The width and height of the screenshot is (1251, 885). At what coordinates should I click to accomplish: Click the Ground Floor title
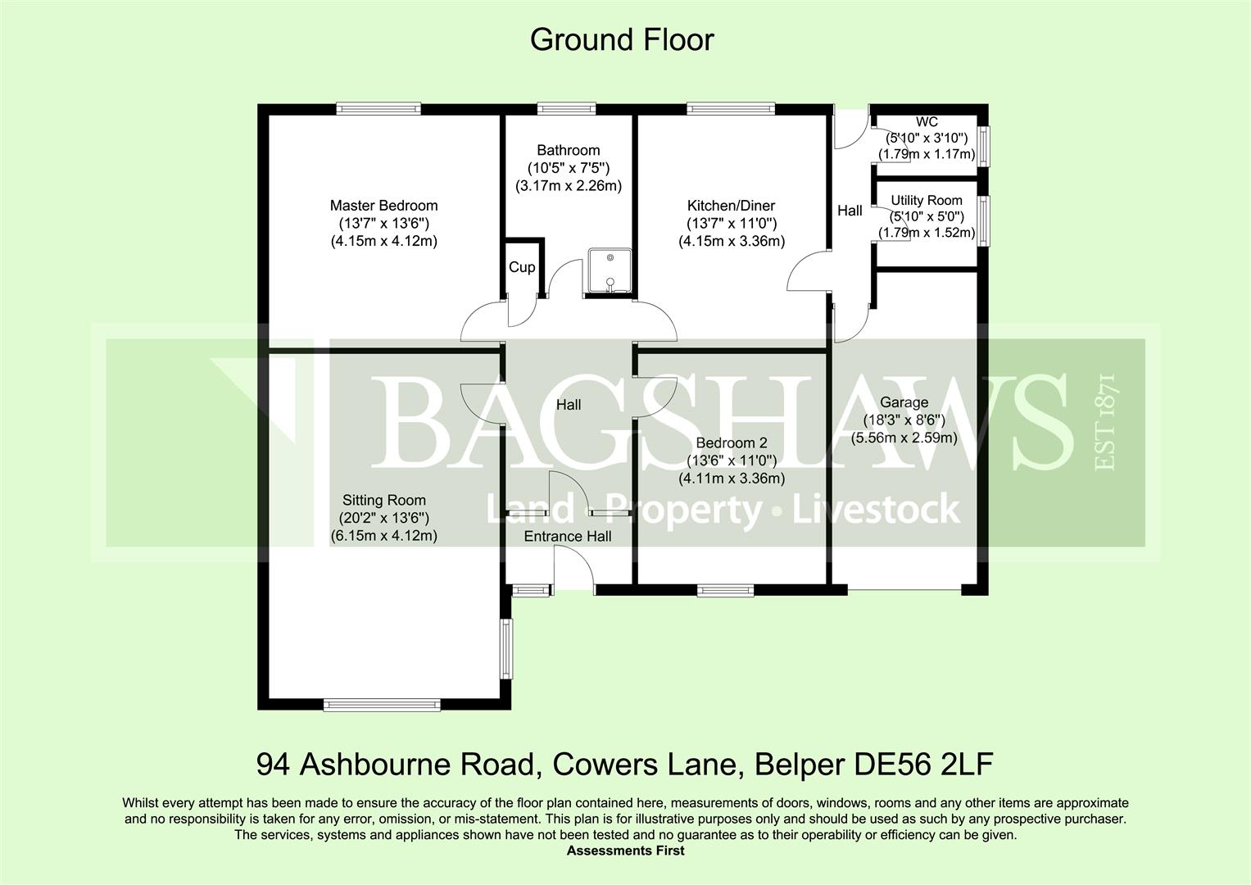[622, 40]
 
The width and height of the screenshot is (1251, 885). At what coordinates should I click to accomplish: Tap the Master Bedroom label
[383, 206]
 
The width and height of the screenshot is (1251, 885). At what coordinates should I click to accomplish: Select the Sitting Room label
[383, 500]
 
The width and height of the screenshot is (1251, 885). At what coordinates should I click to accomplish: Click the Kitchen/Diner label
[731, 206]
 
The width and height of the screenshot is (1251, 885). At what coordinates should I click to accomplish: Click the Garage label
[904, 402]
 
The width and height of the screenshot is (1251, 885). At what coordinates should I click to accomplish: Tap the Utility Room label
[927, 201]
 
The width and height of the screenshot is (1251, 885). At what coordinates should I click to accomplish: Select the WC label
[927, 122]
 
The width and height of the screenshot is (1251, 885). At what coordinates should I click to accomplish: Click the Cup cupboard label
[522, 267]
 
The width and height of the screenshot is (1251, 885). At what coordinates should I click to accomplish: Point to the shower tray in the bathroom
[608, 270]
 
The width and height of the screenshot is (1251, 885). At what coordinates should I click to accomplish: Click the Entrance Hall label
[568, 537]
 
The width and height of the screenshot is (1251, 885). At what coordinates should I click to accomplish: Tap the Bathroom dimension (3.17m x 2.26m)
[568, 186]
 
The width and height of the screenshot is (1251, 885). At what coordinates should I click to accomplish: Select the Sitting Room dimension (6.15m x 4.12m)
[383, 536]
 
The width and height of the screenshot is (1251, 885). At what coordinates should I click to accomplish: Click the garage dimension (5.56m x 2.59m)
[904, 438]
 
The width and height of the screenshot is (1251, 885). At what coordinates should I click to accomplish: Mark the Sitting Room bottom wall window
[382, 704]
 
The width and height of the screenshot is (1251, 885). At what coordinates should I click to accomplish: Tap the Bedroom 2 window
[725, 589]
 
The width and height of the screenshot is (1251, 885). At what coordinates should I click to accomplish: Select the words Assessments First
[625, 851]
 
